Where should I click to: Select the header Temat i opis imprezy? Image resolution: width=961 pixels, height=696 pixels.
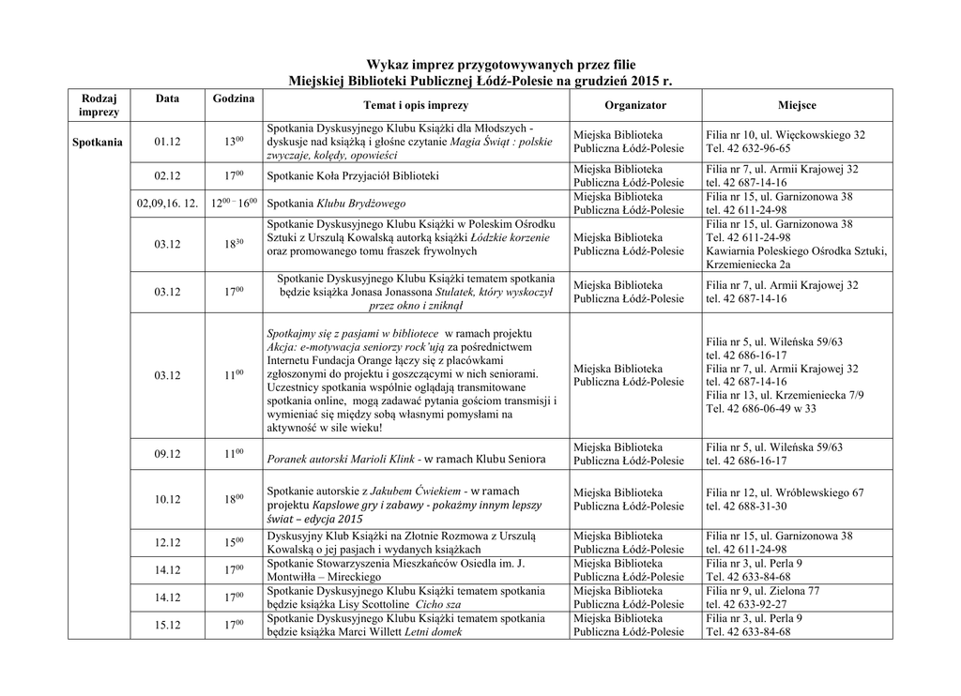coord(415,106)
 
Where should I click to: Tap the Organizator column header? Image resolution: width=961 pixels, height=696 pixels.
coord(635,106)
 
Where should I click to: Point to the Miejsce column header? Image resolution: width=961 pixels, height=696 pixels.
coord(797,106)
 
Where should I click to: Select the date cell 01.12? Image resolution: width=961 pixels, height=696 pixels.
coord(167,142)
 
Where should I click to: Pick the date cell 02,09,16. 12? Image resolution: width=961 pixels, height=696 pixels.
coord(167,203)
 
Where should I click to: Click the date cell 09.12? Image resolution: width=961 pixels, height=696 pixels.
coord(167,454)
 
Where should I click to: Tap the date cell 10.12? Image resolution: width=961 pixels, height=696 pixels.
coord(167,499)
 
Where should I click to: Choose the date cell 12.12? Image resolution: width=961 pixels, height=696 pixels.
coord(167,542)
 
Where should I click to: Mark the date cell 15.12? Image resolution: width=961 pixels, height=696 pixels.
coord(167,625)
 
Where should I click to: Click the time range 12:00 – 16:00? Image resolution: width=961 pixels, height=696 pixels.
coord(233,203)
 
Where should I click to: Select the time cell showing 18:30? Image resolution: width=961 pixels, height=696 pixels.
coord(233,244)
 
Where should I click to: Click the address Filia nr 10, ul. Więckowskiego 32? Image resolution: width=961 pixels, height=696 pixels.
coord(786,135)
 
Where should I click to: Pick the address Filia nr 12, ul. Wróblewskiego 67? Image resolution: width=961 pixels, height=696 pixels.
coord(786,492)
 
